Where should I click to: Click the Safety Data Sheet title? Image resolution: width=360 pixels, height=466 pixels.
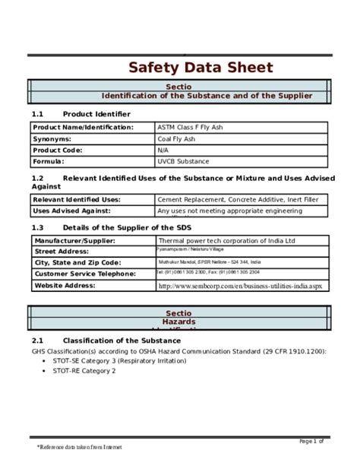coord(200,68)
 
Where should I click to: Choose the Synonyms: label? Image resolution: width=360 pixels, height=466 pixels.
coord(52,138)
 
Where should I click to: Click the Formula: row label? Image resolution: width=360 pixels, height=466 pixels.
coord(49,161)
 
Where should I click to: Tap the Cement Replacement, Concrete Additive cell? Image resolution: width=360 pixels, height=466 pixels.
coord(237,199)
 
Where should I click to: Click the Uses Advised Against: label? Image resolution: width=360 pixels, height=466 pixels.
coord(72,211)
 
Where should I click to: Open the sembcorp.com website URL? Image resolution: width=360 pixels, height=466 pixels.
coord(240,287)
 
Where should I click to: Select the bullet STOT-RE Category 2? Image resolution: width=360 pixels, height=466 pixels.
coord(84,371)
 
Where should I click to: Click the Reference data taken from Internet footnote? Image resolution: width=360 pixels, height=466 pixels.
coord(81,449)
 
